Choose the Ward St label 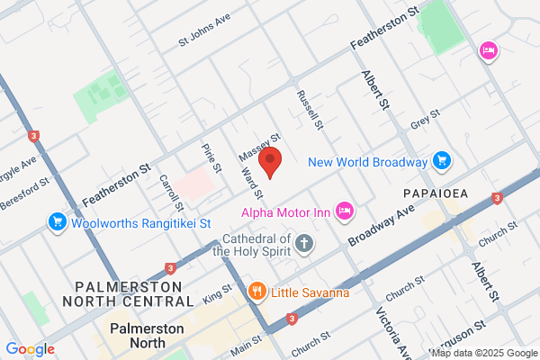pos(251,181)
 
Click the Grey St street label pos(423,118)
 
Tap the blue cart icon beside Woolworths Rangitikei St pos(57,221)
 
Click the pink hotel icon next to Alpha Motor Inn pos(343,211)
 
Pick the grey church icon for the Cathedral pos(305,244)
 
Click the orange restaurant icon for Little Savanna pos(256,291)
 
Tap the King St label pos(218,295)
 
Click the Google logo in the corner pos(30,349)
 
